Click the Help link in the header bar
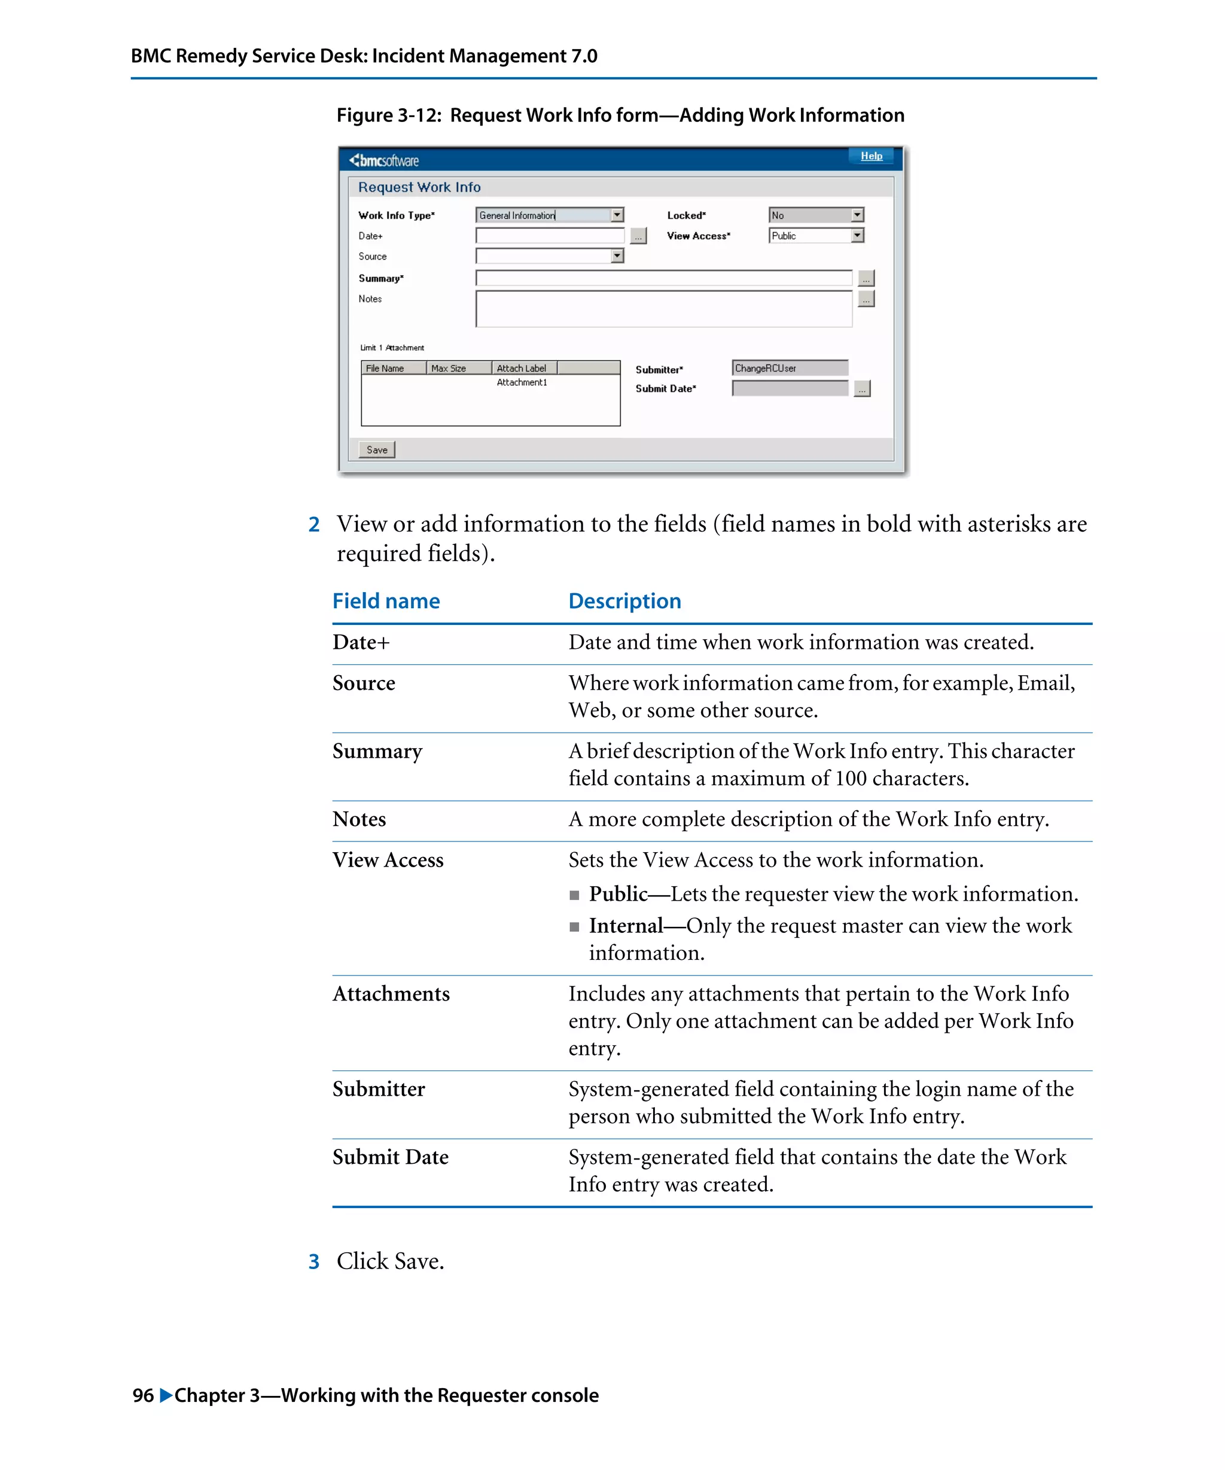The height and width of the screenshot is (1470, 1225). [x=871, y=155]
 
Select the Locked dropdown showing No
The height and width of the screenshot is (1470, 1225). [x=815, y=215]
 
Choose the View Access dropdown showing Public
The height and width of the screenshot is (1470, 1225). [x=815, y=236]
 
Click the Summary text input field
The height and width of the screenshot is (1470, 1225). [x=663, y=278]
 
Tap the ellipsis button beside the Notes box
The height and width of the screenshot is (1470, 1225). [x=866, y=299]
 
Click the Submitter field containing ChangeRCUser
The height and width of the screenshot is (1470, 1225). [x=789, y=368]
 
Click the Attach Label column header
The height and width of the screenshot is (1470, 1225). [x=523, y=368]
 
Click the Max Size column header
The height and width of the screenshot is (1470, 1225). [x=449, y=368]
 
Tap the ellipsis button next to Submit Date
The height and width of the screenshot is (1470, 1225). [x=862, y=389]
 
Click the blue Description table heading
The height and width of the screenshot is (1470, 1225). [x=624, y=600]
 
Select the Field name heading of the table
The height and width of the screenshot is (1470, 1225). [x=386, y=600]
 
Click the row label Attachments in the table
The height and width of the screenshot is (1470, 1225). [x=391, y=993]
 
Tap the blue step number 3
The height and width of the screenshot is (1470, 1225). [x=313, y=1261]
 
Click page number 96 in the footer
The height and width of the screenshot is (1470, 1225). [x=143, y=1395]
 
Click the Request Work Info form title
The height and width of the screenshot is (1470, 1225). [x=419, y=187]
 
